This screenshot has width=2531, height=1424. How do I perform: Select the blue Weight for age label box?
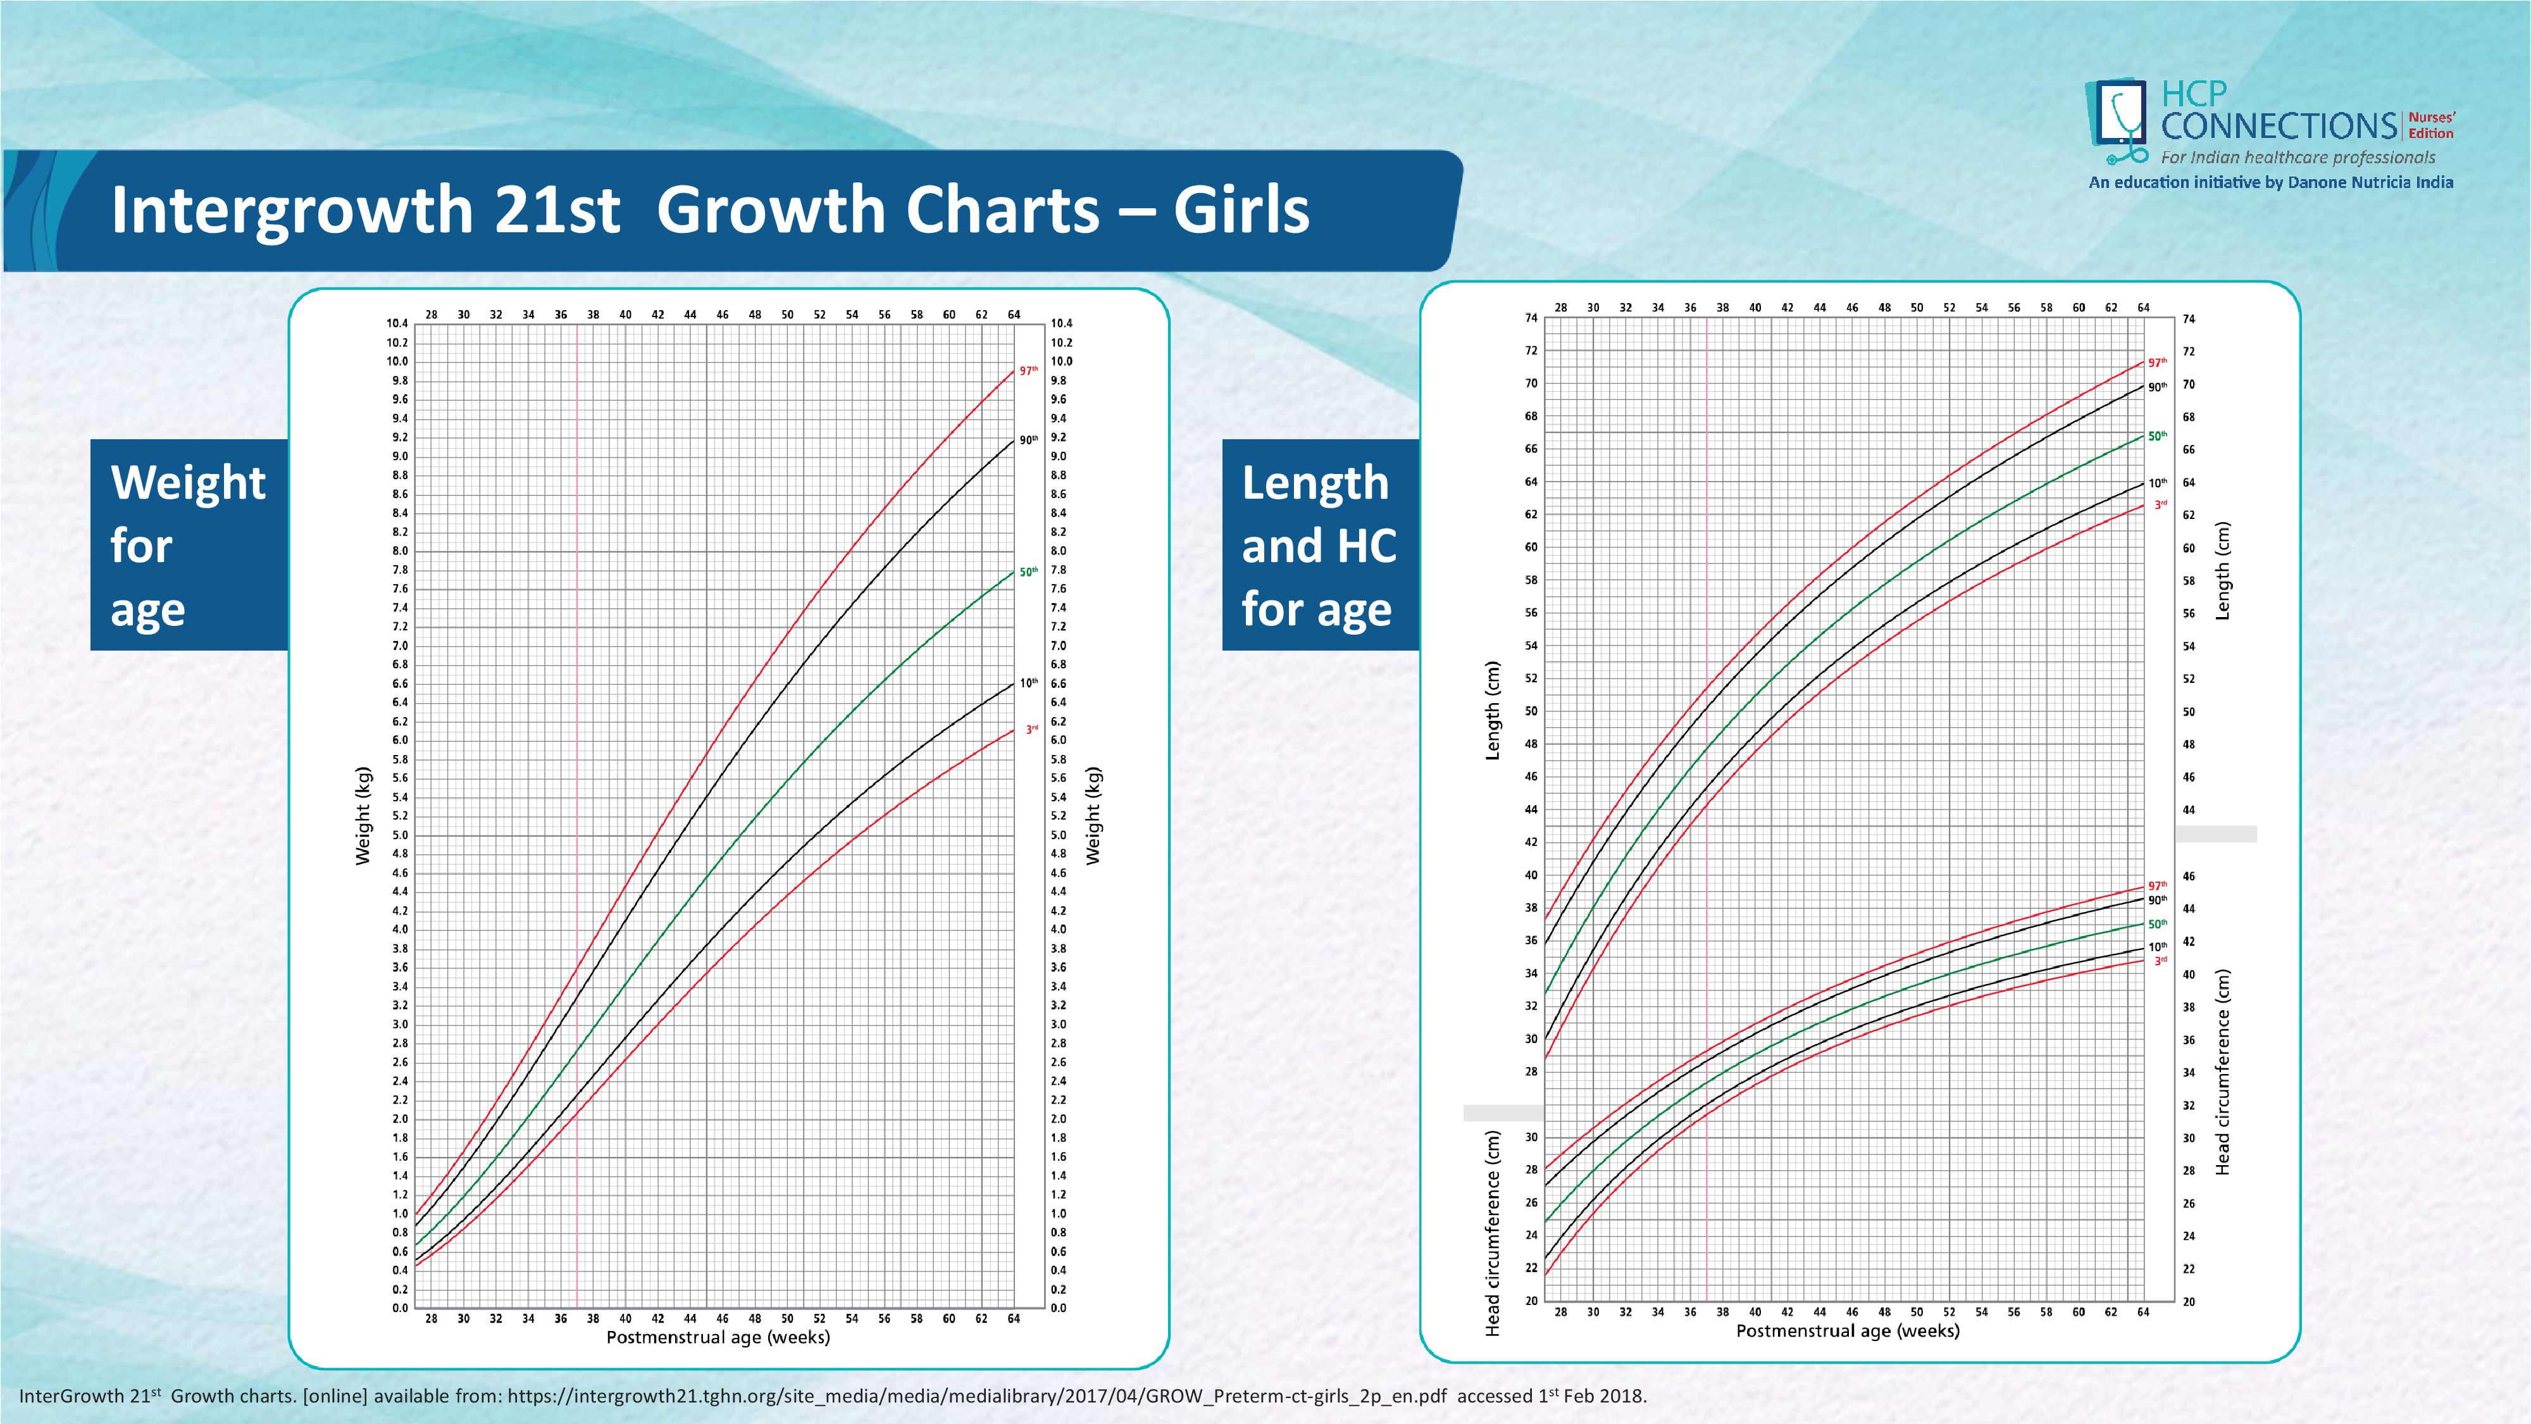coord(189,544)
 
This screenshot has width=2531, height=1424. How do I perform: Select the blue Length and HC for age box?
coord(1319,544)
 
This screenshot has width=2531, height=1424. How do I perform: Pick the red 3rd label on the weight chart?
coord(1031,729)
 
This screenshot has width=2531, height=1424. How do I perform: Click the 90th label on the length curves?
coord(2156,387)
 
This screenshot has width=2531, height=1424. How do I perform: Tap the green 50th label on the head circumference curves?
coord(2156,924)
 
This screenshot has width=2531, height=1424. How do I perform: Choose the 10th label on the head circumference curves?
coord(2156,946)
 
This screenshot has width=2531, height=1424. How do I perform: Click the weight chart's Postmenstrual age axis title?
coord(718,1337)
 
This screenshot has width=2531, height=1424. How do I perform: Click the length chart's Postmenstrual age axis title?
coord(1847,1330)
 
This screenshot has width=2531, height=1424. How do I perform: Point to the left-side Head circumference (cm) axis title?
coord(1493,1234)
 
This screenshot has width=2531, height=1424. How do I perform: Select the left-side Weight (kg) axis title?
coord(363,816)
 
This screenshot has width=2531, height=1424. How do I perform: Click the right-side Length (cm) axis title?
coord(2222,570)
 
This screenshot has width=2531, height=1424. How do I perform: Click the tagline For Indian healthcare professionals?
coord(2297,157)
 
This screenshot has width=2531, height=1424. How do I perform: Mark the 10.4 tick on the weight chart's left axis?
coord(397,323)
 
